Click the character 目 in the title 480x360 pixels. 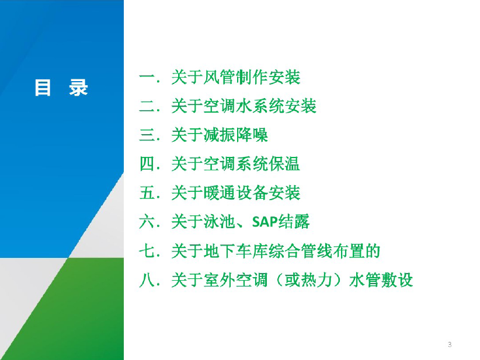43,88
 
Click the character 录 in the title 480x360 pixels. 78,88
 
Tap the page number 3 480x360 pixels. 450,344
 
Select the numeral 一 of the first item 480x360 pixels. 147,77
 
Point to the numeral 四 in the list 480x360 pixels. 147,163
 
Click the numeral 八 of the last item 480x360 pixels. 147,280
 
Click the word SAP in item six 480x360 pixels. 265,222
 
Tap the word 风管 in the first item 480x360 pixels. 219,77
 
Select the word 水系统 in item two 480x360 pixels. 260,106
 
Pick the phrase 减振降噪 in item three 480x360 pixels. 235,135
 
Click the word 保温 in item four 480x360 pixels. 284,163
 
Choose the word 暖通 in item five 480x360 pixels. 219,193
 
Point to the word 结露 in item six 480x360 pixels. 294,222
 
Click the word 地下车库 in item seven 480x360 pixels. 235,251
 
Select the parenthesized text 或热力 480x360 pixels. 308,280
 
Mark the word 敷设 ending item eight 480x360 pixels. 397,280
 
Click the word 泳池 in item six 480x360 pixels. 219,222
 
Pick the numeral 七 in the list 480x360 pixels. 147,251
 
